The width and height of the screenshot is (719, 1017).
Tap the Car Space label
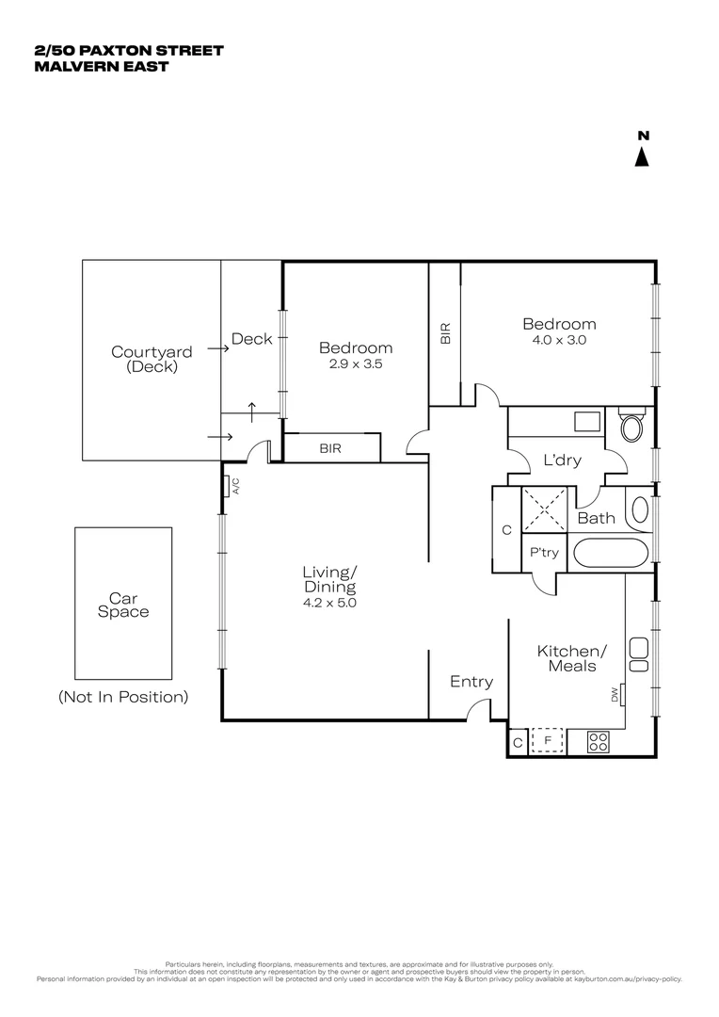[x=123, y=605]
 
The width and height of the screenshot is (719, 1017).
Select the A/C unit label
[x=236, y=486]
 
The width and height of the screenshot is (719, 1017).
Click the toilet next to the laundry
[x=631, y=426]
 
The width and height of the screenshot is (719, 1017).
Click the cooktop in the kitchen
[x=599, y=741]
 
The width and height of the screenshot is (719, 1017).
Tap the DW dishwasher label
[x=615, y=696]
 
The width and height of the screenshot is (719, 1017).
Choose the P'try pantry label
[x=544, y=553]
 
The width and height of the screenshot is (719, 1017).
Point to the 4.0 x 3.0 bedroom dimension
[x=559, y=341]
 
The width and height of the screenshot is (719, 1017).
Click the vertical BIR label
[x=445, y=331]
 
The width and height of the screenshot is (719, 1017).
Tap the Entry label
[x=471, y=682]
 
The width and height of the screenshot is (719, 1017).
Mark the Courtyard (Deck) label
[x=152, y=360]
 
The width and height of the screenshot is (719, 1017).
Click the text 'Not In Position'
[x=123, y=697]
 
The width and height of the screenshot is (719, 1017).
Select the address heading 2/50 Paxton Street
[x=128, y=50]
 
